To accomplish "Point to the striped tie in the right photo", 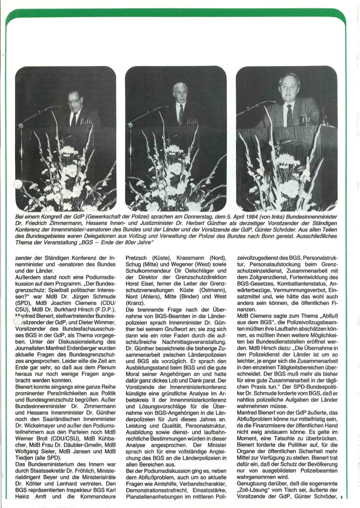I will tap(289, 115).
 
